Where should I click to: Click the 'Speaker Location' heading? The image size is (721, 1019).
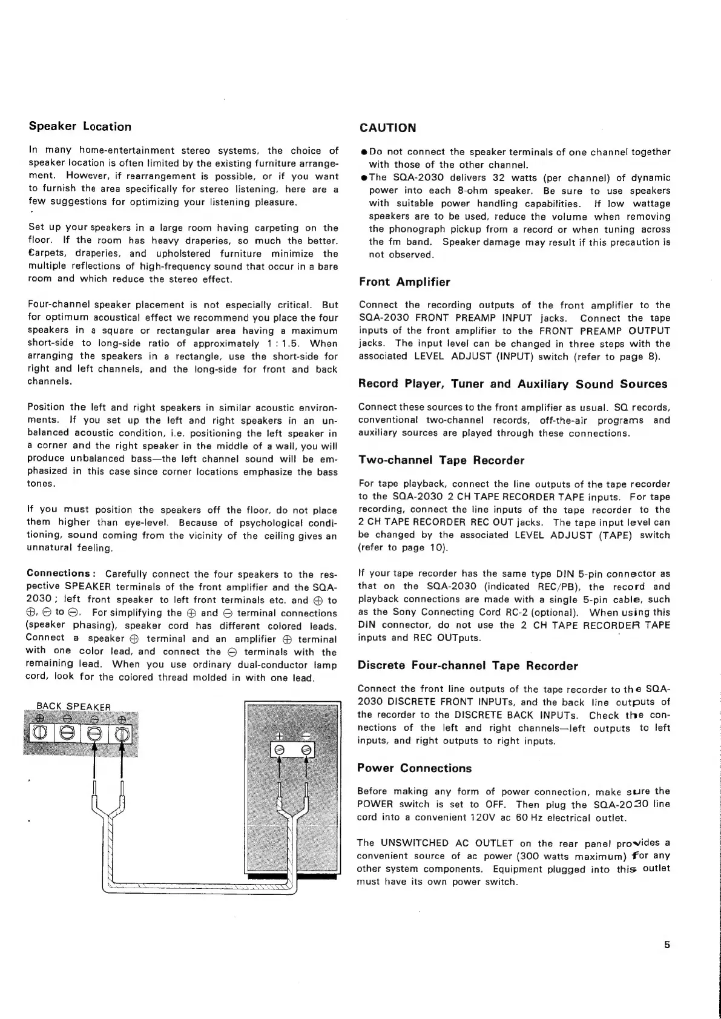point(80,127)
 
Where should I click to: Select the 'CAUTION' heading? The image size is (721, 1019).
point(387,128)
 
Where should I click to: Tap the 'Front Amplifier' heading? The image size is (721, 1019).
point(404,282)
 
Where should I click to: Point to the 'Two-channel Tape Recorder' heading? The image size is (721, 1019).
point(441,460)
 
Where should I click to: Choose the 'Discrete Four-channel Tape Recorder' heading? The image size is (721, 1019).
point(468,665)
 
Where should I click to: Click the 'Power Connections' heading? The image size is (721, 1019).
point(414,768)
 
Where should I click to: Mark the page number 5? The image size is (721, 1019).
point(667,945)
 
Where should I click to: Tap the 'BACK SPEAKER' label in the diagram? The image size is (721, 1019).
point(74,706)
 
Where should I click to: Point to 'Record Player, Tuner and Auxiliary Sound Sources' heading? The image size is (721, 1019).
point(513,384)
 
